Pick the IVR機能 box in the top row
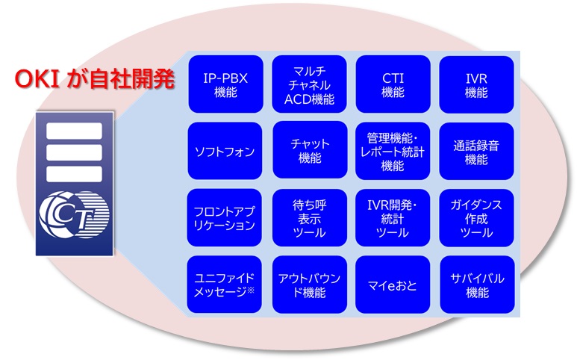(x=476, y=84)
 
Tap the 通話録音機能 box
(x=476, y=151)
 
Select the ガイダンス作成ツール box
(x=476, y=217)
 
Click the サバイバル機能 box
(x=476, y=285)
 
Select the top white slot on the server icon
(x=74, y=131)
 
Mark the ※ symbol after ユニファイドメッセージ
(x=251, y=291)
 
